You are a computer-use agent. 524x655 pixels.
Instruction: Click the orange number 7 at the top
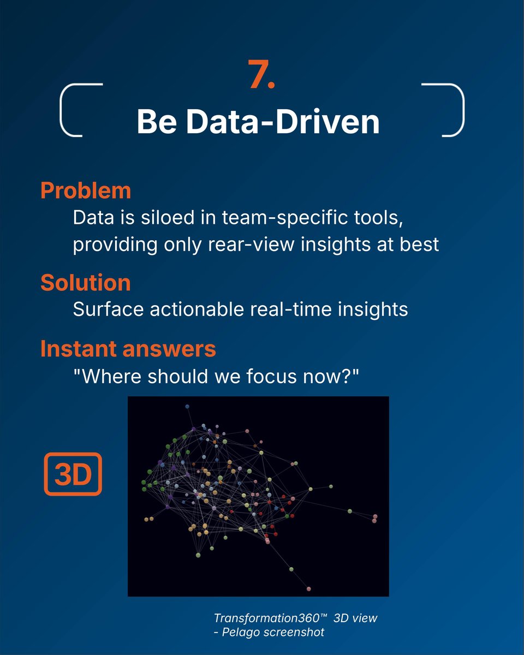261,74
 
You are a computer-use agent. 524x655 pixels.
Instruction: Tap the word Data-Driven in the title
283,121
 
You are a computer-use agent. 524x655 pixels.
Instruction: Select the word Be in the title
157,121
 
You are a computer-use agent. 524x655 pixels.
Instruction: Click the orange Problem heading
86,190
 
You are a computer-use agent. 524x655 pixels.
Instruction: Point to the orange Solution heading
86,282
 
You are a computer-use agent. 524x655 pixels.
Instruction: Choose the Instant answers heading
128,349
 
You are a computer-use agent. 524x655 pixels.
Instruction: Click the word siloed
168,218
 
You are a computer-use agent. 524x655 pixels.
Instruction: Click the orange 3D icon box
73,474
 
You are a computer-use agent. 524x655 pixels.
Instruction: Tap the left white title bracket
61,110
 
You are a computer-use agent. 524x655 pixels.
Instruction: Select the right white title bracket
463,110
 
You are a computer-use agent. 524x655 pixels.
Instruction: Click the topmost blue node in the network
187,406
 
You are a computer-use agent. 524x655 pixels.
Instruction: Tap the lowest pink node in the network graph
309,589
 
